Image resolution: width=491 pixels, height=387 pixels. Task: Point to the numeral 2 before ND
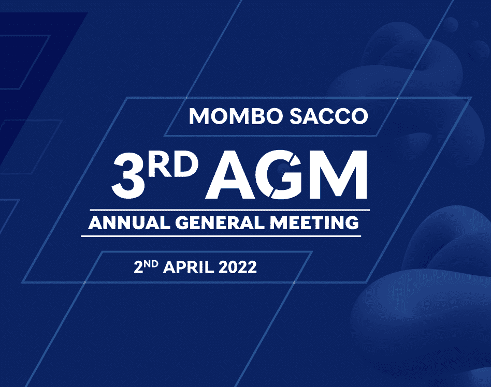point(138,267)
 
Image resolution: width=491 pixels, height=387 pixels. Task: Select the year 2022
point(238,267)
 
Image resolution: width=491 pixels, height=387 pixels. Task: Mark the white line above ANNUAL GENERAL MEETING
point(230,210)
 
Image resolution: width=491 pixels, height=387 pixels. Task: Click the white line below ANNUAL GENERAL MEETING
point(221,236)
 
